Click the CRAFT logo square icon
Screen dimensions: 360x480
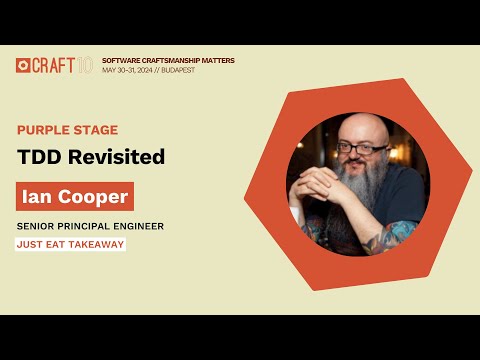pyautogui.click(x=22, y=65)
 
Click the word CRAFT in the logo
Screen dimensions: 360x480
pyautogui.click(x=52, y=65)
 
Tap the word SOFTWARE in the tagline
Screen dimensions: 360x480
pyautogui.click(x=121, y=60)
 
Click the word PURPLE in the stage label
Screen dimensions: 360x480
pyautogui.click(x=44, y=130)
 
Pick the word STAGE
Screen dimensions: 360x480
pyautogui.click(x=97, y=130)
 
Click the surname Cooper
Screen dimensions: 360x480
pyautogui.click(x=89, y=196)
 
